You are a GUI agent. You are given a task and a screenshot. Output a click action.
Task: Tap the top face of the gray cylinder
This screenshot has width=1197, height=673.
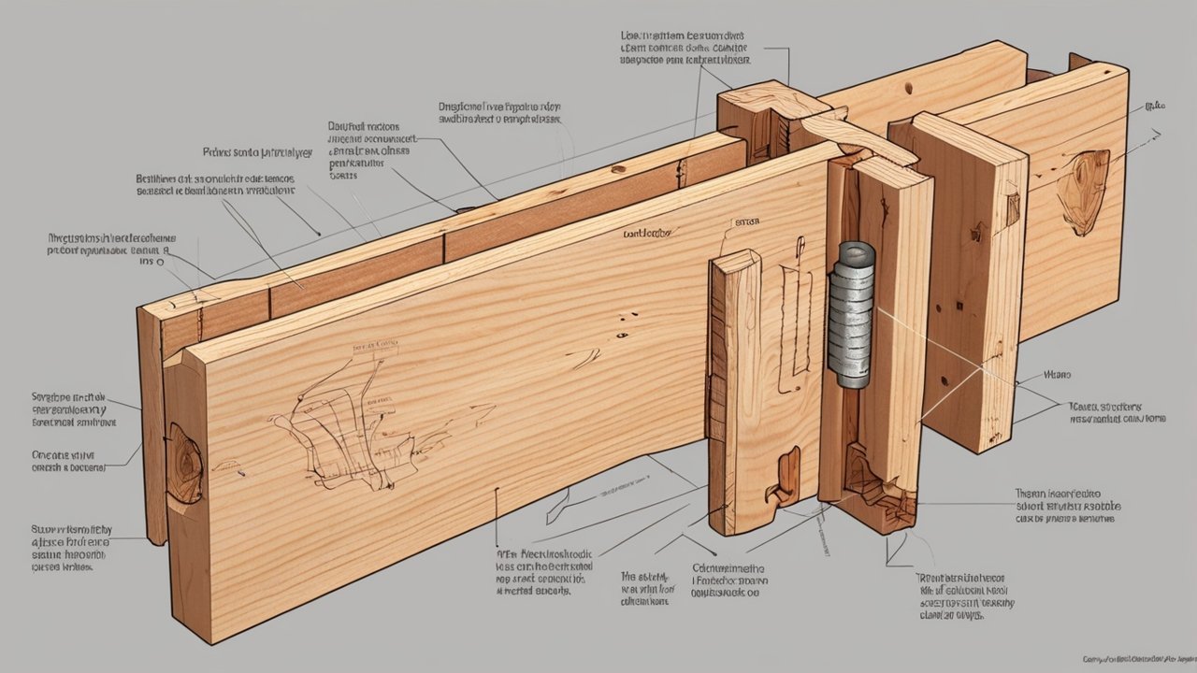856,251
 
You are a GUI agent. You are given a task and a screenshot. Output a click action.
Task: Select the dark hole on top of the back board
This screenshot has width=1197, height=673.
907,90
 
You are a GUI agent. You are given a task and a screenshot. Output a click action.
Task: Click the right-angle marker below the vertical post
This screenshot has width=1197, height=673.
896,551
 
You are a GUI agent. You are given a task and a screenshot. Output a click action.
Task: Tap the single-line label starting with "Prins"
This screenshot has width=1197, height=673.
256,150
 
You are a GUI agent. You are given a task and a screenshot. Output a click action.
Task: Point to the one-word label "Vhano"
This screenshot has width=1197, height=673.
1058,375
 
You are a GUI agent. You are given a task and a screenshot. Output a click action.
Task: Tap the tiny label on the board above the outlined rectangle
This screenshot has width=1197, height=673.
745,223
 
